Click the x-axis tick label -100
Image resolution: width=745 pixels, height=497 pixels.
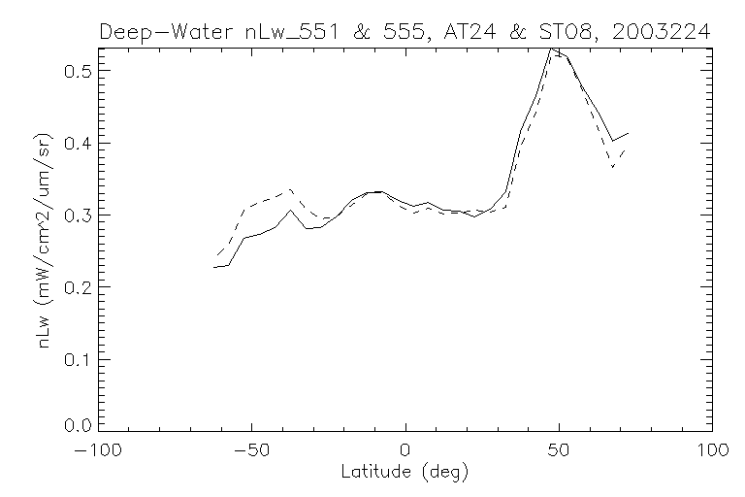(x=98, y=450)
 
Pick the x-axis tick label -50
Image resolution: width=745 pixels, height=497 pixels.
(x=251, y=450)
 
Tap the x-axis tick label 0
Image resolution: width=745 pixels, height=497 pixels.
(x=405, y=450)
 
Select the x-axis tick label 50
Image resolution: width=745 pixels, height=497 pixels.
(x=559, y=450)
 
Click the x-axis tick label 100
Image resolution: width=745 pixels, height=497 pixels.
(x=712, y=450)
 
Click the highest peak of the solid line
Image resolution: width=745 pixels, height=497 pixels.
(x=551, y=48)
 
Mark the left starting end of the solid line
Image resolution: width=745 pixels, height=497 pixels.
(x=214, y=267)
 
